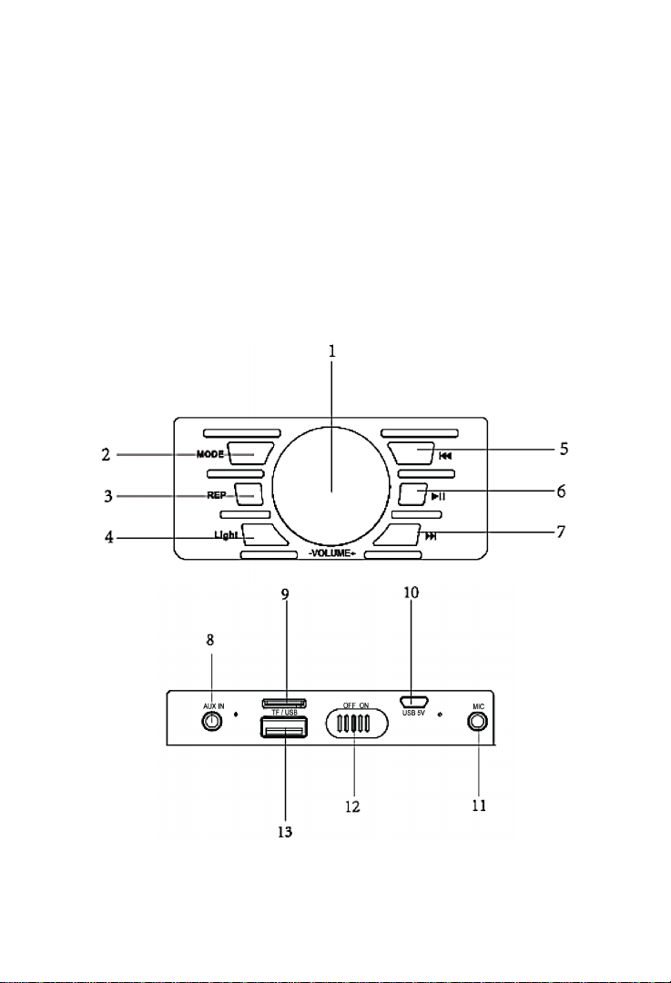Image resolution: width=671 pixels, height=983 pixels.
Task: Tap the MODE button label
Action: [x=210, y=454]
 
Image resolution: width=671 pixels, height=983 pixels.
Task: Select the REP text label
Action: [x=217, y=495]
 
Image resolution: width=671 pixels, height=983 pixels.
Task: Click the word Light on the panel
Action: [x=226, y=535]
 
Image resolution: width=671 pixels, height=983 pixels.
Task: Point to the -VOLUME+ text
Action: [x=331, y=553]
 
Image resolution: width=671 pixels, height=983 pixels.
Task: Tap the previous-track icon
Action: [x=445, y=456]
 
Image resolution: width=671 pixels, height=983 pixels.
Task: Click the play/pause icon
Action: [x=438, y=497]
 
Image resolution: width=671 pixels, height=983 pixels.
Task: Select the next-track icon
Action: [x=431, y=537]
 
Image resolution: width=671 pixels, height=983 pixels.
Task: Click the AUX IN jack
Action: [x=213, y=722]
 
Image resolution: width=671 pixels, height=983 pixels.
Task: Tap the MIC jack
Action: [x=479, y=722]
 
